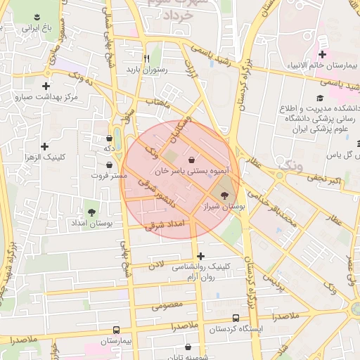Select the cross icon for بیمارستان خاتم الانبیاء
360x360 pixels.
(x=322, y=55)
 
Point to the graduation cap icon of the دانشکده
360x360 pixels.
(x=320, y=98)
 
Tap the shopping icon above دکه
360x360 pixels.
(x=109, y=139)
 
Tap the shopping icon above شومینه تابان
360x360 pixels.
(x=188, y=347)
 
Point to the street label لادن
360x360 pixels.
(x=156, y=265)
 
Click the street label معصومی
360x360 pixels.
(x=167, y=305)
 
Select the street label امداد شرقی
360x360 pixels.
(x=169, y=224)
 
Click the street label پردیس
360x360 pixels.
(x=275, y=284)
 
